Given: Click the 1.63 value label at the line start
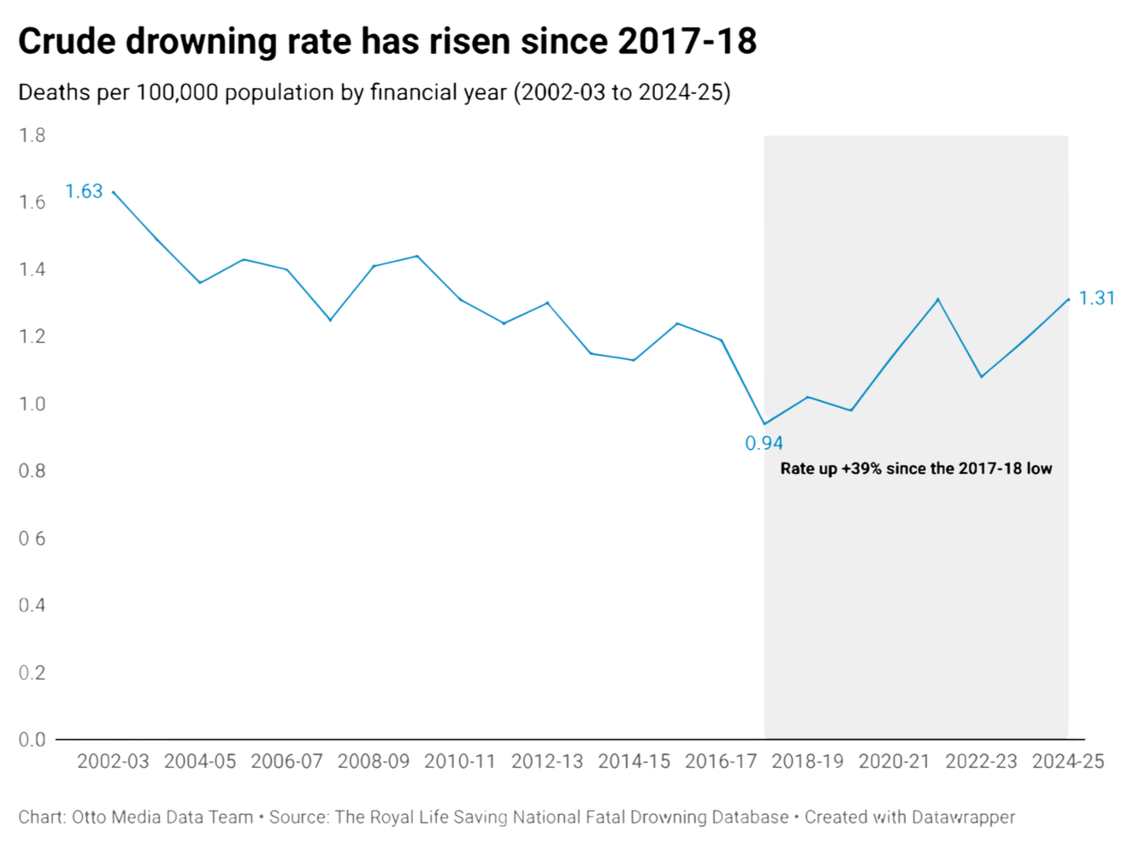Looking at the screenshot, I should coord(84,192).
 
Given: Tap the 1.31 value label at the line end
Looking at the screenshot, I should coord(1096,298).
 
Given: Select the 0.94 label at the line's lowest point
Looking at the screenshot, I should coord(764,443).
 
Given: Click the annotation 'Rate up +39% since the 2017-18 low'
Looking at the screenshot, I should coord(916,469).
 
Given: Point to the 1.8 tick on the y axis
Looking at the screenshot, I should coord(32,135).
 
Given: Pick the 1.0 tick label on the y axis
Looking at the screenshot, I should coord(32,404).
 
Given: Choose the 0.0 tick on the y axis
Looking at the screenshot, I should coord(32,740).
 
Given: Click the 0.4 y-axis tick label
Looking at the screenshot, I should coord(32,605).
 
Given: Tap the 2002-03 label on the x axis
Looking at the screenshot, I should coord(113,761).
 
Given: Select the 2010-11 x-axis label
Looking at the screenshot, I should coord(460,761).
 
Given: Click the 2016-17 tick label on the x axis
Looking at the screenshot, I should coord(721,761).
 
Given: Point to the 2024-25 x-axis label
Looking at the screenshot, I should coord(1068,761).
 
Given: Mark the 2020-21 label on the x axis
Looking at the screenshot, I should coord(894,761).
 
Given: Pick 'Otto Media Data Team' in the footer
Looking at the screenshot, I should coord(162,818).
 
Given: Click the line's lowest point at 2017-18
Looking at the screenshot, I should coord(765,423).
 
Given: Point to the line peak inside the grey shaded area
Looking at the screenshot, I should coord(938,299).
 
